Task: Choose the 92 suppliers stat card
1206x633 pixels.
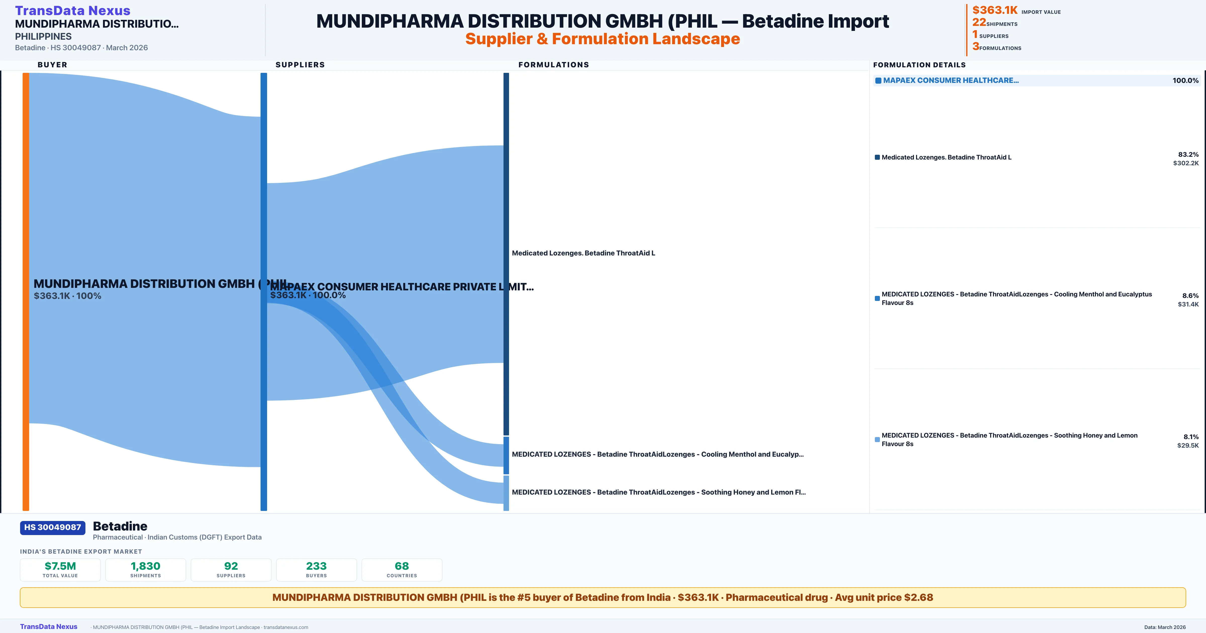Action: click(x=231, y=569)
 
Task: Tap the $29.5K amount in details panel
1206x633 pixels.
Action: click(x=1188, y=445)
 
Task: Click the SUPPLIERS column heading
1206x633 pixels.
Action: click(x=300, y=65)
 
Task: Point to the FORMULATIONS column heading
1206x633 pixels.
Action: click(x=553, y=65)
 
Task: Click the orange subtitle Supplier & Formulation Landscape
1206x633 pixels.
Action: click(x=602, y=39)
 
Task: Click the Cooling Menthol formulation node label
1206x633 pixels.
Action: click(x=657, y=454)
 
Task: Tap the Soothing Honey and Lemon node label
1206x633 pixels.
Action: click(x=658, y=492)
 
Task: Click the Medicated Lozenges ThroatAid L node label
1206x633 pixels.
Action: click(x=583, y=253)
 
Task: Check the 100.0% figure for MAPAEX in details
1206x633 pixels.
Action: click(x=1185, y=81)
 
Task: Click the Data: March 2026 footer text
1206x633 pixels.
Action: click(x=1165, y=627)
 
